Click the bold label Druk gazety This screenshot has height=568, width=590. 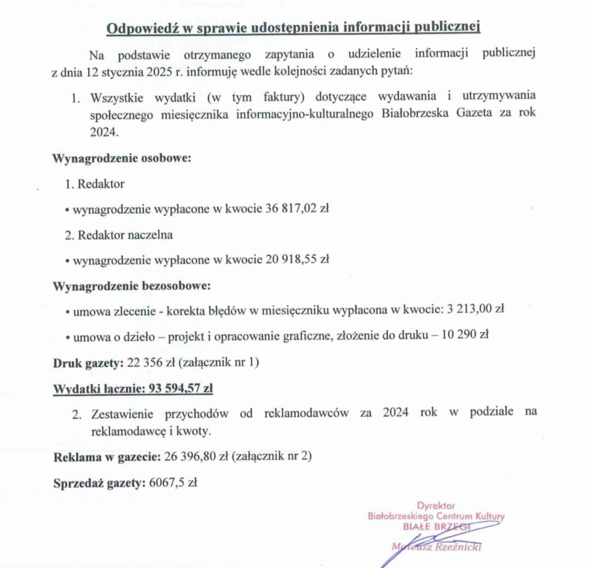85,363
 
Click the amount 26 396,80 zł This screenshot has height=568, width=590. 194,458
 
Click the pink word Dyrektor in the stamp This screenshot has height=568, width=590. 436,506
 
